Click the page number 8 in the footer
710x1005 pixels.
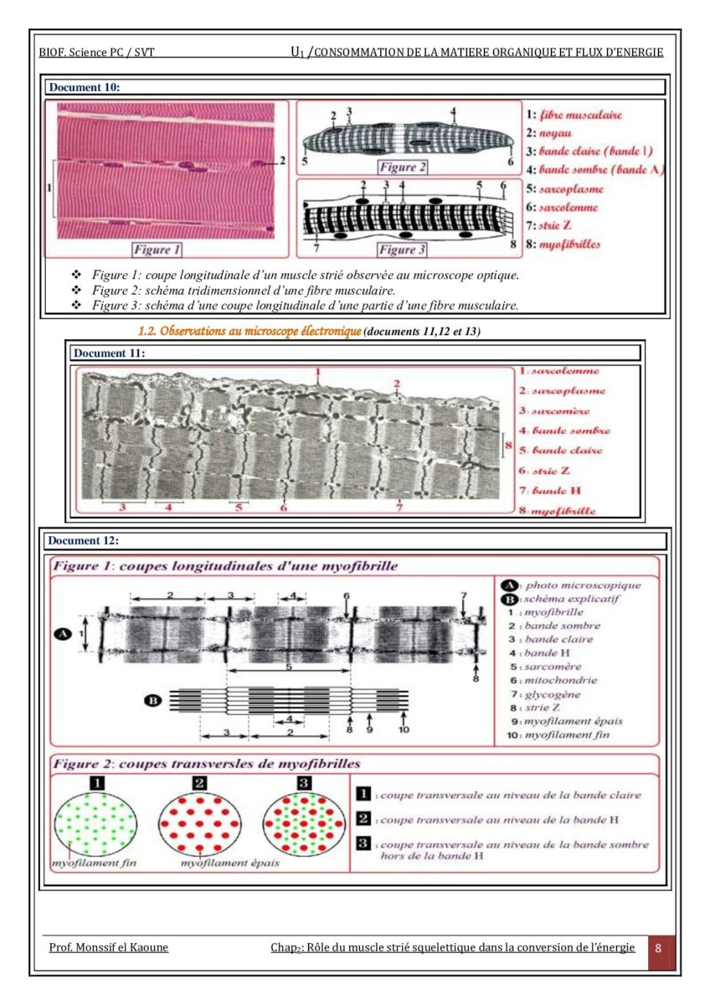pyautogui.click(x=659, y=948)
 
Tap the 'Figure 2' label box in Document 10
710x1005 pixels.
pyautogui.click(x=402, y=167)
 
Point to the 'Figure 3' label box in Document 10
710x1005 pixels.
pyautogui.click(x=402, y=250)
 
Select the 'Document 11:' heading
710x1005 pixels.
pyautogui.click(x=109, y=353)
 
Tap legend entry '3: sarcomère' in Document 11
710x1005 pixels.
pyautogui.click(x=553, y=410)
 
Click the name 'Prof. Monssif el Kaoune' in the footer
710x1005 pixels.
pyautogui.click(x=108, y=947)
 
